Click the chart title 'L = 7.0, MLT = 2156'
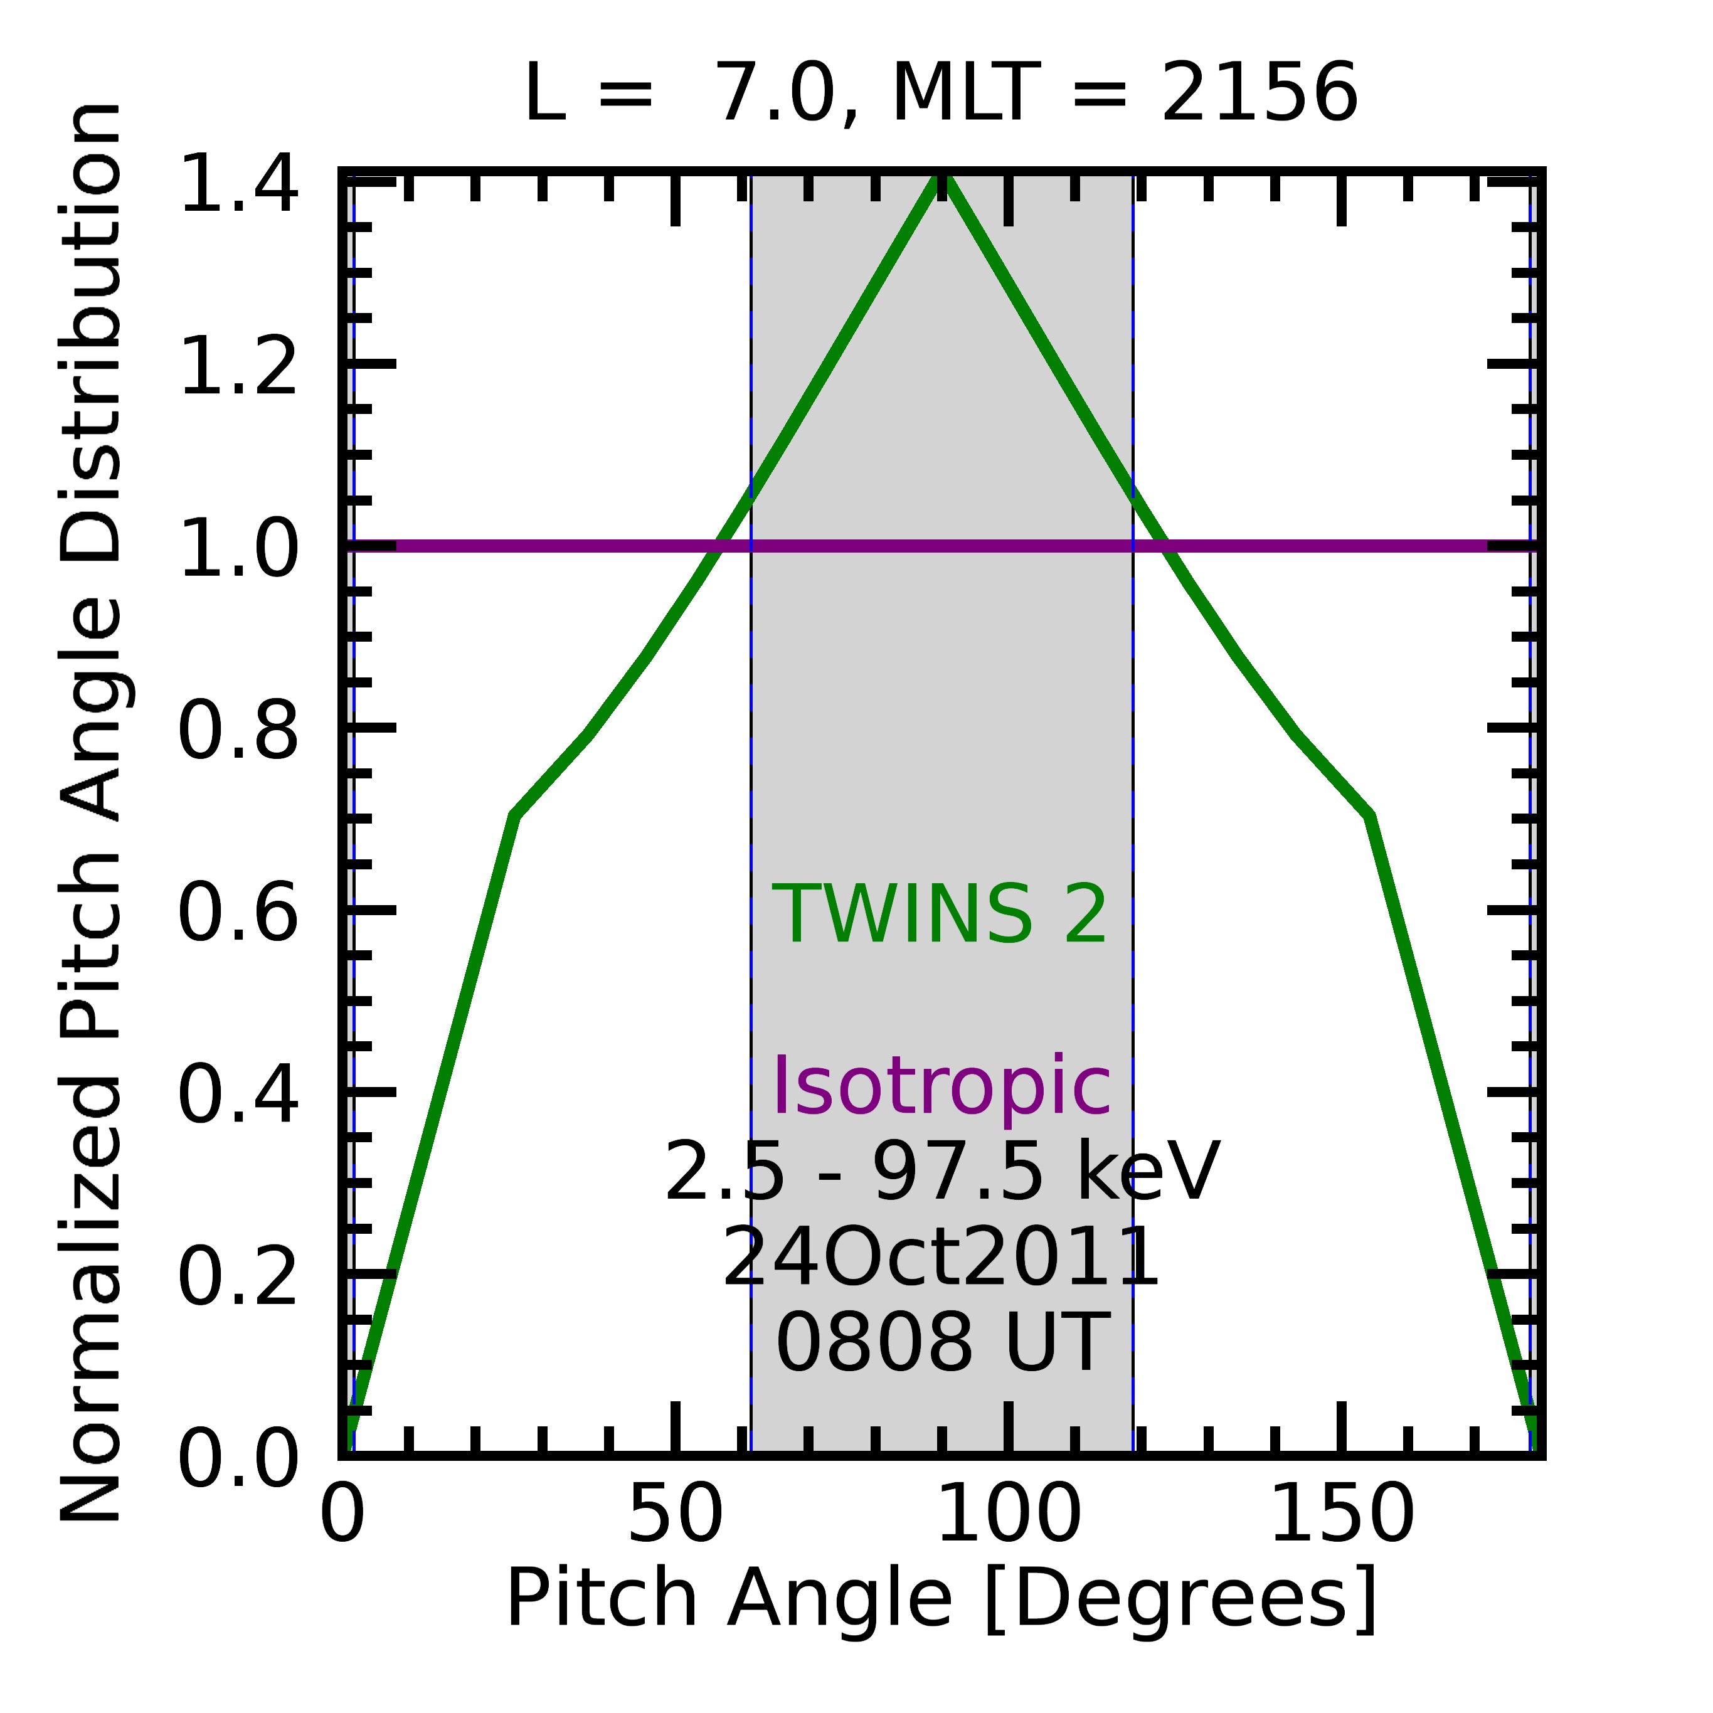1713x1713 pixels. point(941,95)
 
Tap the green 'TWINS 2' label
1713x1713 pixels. point(940,915)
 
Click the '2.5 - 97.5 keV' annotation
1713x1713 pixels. point(941,1173)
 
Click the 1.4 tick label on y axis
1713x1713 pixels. point(238,184)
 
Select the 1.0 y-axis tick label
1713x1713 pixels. point(238,549)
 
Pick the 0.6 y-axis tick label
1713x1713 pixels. point(238,913)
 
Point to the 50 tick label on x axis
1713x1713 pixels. point(676,1515)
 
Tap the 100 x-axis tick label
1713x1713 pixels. point(1008,1515)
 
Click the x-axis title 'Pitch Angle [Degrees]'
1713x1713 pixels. point(941,1599)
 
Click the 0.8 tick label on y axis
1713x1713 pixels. point(238,731)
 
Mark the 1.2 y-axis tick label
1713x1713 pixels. point(238,366)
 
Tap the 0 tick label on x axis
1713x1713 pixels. point(342,1515)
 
